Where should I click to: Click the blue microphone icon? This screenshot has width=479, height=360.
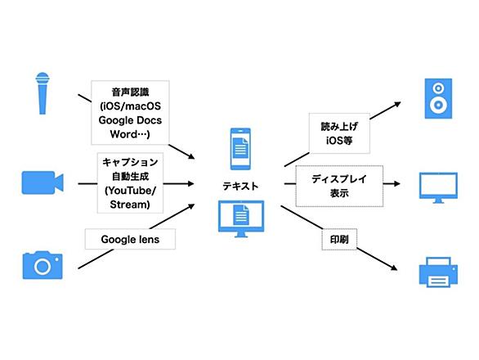coord(43,93)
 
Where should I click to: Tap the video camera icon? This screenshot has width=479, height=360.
coord(43,182)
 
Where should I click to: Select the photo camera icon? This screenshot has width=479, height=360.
coord(43,265)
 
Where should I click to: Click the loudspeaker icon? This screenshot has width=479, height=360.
coord(438,98)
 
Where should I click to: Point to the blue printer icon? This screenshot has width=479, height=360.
coord(438,272)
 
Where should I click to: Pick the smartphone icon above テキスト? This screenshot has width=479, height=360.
coord(240,149)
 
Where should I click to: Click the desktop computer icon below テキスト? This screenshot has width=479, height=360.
coord(241,218)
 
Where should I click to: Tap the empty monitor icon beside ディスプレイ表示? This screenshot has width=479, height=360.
coord(438,188)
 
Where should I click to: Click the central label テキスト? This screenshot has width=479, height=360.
coord(240,186)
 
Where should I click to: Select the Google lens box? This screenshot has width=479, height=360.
coord(130,239)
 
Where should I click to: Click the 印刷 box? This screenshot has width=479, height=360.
coord(339,239)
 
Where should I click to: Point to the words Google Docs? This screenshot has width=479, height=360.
coord(130,120)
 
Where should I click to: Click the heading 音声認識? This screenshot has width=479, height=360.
coord(130,92)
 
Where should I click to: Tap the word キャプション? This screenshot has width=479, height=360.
coord(130,162)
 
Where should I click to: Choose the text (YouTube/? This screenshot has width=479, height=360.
coord(130,191)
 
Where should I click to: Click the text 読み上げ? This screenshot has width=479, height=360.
coord(339,126)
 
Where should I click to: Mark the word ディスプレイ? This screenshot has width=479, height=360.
coord(339,179)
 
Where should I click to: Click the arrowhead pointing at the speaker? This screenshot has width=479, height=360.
coord(397,104)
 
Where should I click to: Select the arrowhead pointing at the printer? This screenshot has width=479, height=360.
coord(394,268)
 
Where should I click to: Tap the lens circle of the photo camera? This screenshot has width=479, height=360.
coord(43,267)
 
